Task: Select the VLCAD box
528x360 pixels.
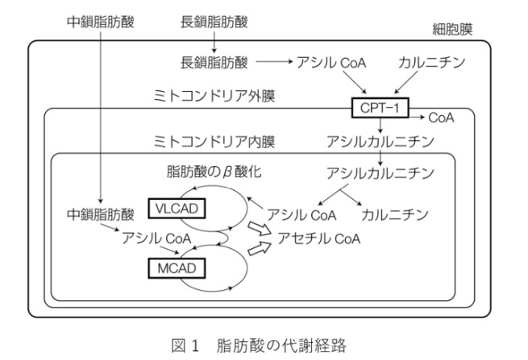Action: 175,209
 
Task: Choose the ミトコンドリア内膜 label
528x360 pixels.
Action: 214,142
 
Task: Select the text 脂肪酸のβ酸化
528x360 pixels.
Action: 214,173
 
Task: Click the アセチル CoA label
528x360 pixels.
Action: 320,239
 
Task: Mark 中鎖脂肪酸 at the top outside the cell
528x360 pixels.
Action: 100,18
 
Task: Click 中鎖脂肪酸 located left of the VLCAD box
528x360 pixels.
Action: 100,215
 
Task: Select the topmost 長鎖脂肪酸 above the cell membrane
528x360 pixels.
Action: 214,18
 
